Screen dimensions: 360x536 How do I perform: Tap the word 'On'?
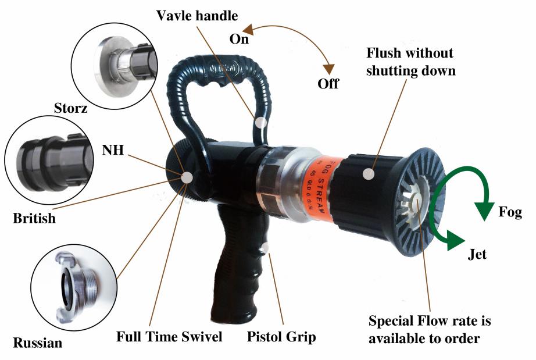click(239, 39)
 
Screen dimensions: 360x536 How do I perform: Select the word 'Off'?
click(328, 83)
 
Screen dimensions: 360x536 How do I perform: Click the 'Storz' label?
click(71, 108)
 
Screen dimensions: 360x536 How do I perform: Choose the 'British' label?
click(34, 218)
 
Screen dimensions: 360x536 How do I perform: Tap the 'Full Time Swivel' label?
click(169, 336)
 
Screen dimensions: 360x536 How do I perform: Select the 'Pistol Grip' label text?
click(281, 336)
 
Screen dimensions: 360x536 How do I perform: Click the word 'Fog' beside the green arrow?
click(510, 212)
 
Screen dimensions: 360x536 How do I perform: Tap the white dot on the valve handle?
click(261, 123)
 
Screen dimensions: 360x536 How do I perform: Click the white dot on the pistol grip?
click(266, 248)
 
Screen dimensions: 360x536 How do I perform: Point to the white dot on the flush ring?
click(367, 173)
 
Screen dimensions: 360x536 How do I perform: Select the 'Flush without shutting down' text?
click(410, 61)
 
